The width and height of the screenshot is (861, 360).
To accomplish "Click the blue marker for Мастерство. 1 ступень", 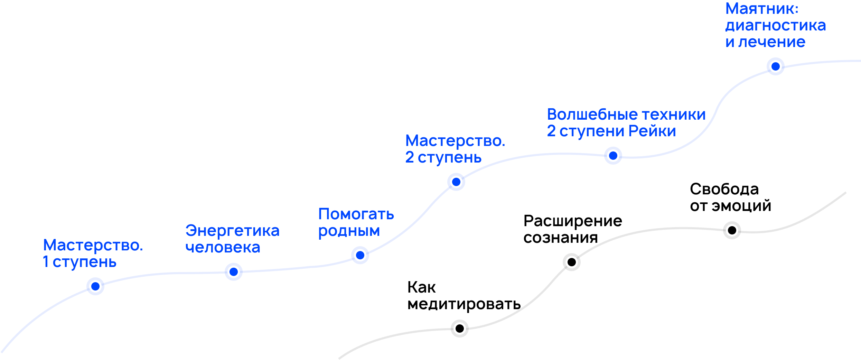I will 95,286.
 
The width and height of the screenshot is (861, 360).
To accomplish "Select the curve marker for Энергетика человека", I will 234,272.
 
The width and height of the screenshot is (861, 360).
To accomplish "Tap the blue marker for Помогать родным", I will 360,255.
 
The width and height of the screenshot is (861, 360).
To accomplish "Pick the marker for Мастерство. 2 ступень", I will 456,182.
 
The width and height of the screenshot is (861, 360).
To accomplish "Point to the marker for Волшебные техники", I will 613,156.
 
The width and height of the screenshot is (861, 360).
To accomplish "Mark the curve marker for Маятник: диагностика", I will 776,66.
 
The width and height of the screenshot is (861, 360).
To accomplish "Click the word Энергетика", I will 232,231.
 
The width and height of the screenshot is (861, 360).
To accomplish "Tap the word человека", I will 223,248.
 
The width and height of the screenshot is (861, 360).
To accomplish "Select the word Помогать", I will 356,214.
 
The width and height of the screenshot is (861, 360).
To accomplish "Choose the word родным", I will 349,231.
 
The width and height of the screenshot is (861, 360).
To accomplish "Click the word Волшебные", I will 592,114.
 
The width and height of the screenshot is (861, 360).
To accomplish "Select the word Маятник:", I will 762,9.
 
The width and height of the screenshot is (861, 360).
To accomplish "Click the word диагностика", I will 776,26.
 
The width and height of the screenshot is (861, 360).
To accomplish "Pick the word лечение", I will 772,42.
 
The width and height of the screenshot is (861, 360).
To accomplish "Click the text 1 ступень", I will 79,262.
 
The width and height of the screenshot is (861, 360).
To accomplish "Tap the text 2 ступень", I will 443,158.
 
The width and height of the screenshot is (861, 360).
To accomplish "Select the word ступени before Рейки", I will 592,131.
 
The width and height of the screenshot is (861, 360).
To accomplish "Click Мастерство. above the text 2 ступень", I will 455,141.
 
